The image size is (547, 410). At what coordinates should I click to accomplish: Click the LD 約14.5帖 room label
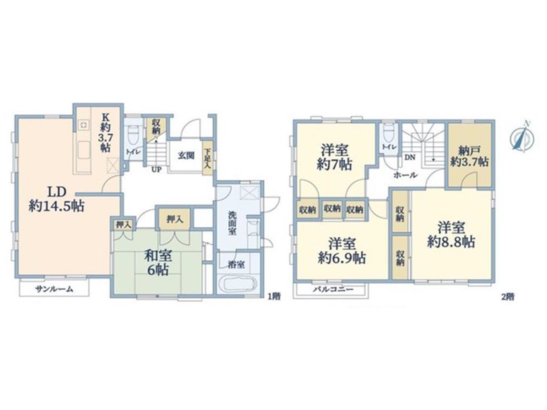pos(56,199)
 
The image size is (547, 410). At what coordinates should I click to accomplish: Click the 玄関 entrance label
pos(187,155)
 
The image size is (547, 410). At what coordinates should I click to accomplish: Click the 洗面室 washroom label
pos(232,223)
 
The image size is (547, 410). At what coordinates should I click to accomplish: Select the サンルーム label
pos(54,289)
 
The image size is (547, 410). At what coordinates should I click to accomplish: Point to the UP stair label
pos(156,170)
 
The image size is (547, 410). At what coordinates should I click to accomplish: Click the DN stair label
pos(410,157)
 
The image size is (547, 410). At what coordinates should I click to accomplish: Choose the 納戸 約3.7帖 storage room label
pos(469,156)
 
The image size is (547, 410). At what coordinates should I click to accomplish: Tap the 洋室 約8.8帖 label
pos(451,235)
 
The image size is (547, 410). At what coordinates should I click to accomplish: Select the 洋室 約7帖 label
pos(334,157)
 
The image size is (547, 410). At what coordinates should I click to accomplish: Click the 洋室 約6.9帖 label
pos(342,251)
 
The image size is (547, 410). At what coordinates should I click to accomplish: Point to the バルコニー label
pos(333,289)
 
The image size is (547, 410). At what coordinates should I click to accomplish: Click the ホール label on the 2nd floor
pos(405,175)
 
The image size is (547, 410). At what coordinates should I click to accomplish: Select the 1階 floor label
pos(274,296)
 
